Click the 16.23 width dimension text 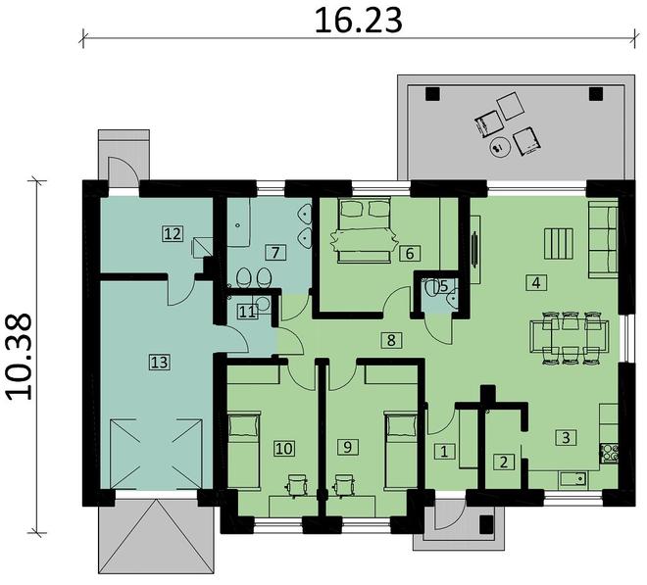pyautogui.click(x=359, y=20)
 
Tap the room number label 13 pyautogui.click(x=159, y=362)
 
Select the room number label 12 pyautogui.click(x=173, y=233)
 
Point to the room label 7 pyautogui.click(x=276, y=252)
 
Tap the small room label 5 pyautogui.click(x=443, y=286)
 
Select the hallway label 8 pyautogui.click(x=391, y=340)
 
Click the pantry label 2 pyautogui.click(x=503, y=462)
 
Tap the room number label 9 pyautogui.click(x=345, y=447)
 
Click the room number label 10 pyautogui.click(x=284, y=448)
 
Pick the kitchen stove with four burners pyautogui.click(x=610, y=453)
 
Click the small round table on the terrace pyautogui.click(x=498, y=149)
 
